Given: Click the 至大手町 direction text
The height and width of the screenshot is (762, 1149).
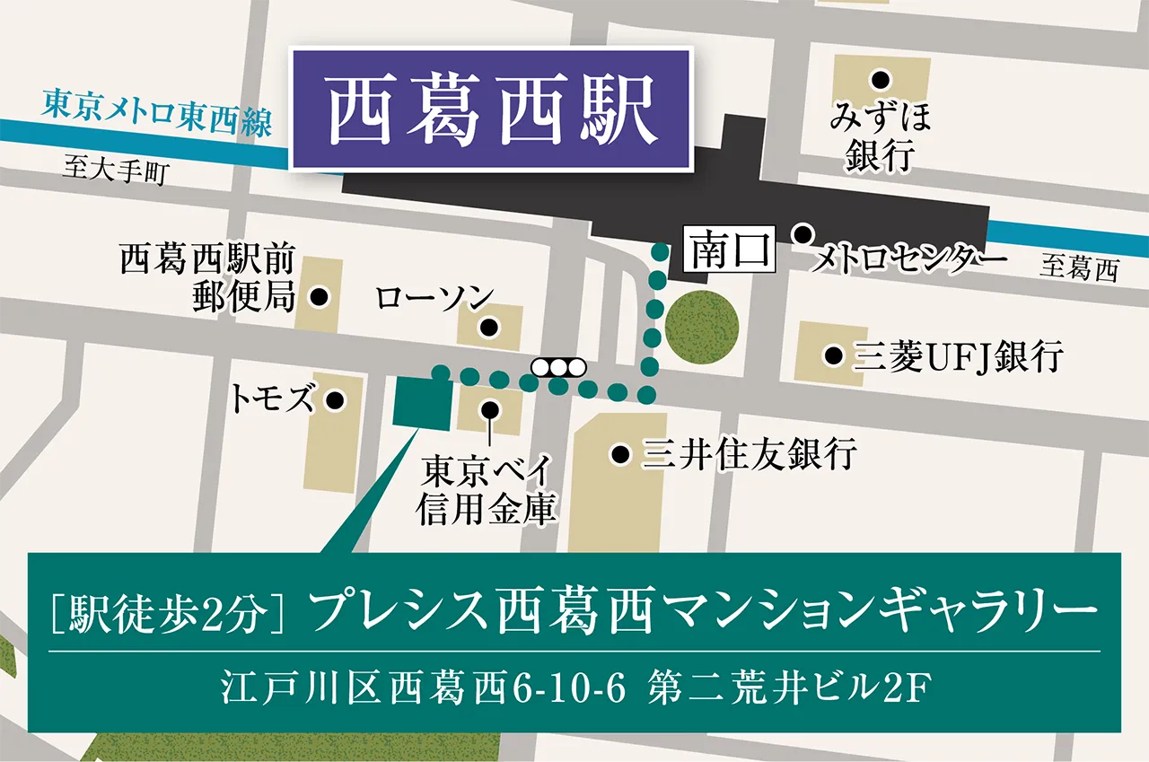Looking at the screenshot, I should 114,171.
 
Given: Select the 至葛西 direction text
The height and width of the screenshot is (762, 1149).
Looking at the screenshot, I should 1079,267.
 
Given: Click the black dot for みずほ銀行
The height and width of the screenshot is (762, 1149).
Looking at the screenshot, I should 882,79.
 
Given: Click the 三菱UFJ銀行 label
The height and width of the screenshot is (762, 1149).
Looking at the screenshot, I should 958,357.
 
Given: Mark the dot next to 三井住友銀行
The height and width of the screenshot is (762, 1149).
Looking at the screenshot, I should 619,455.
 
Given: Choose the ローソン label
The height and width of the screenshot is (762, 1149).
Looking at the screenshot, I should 434,297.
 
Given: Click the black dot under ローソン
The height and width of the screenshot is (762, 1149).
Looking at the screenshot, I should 488,328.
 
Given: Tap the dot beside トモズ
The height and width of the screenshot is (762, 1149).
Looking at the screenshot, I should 335,400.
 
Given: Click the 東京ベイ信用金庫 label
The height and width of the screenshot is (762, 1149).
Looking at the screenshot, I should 488,489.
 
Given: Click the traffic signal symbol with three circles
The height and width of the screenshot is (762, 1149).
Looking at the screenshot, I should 558,366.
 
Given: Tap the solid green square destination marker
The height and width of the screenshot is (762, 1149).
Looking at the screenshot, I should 422,404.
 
